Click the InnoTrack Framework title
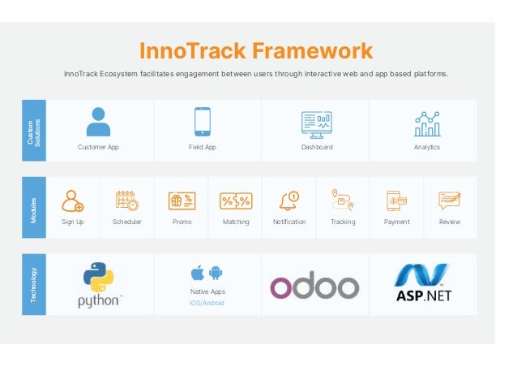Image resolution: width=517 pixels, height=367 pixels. pos(256,51)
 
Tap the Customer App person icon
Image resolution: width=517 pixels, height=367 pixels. pos(98,123)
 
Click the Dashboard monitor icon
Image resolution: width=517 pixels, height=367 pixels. pos(316,123)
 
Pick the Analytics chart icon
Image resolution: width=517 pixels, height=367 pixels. pos(426,123)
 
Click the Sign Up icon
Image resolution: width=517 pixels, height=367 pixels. pos(73,200)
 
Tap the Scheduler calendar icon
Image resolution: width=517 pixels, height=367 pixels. pos(126,200)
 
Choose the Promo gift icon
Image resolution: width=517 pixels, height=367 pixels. pos(182,201)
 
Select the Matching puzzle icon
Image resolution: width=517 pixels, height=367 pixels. pos(236,201)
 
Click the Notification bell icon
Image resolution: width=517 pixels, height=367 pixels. pos(289,200)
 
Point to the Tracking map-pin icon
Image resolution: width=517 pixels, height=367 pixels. pos(343,200)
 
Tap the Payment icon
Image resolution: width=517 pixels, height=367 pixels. pos(396,200)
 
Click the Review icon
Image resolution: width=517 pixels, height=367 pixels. pos(450,200)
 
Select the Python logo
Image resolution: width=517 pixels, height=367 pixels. pos(100,284)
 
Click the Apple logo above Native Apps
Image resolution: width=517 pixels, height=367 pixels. pos(197,271)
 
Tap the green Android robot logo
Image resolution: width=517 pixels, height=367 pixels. pos(215,271)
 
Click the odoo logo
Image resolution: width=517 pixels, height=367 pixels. pos(314,287)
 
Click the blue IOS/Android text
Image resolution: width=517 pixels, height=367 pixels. pos(207,303)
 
